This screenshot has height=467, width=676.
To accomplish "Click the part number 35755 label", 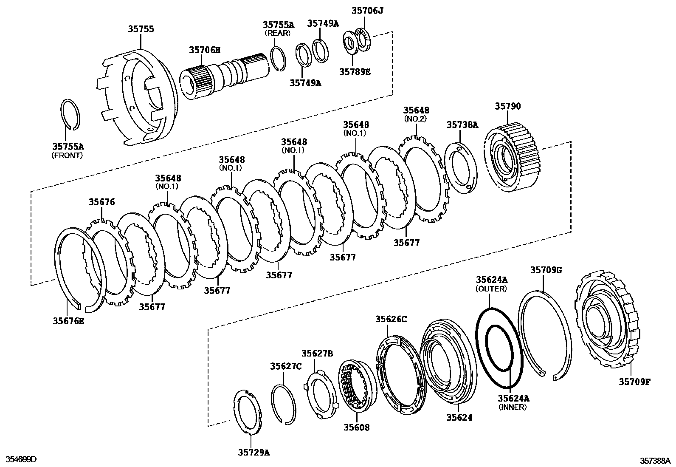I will click(141, 29).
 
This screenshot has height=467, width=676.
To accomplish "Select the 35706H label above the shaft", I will click(205, 50).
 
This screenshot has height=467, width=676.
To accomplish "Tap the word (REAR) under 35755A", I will click(278, 33).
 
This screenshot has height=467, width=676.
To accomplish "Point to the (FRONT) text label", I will click(67, 156).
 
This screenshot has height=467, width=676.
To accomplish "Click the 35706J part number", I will click(367, 11).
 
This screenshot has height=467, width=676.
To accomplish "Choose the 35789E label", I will click(355, 72).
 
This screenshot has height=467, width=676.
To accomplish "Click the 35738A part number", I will click(462, 125).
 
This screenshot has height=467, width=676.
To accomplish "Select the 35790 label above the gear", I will click(507, 106).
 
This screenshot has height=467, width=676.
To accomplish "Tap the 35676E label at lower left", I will click(68, 321).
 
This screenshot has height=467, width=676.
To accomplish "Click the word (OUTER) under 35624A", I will click(491, 289).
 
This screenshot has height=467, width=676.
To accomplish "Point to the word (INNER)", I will click(513, 407).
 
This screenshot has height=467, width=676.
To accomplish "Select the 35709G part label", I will click(546, 270).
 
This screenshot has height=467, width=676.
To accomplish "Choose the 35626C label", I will click(391, 319).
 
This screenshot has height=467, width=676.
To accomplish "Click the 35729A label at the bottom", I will click(254, 452).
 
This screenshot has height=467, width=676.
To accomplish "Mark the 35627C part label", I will click(286, 366).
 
